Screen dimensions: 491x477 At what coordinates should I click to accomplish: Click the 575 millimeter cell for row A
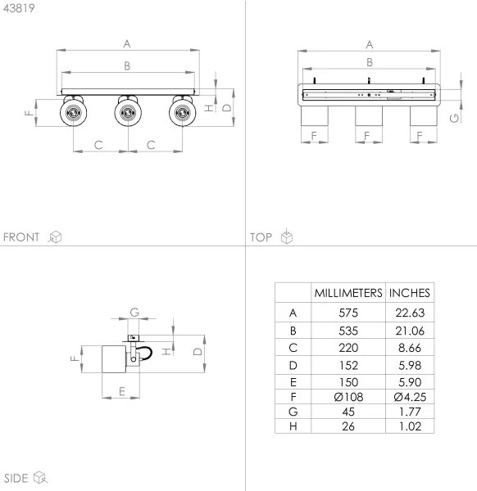(x=348, y=313)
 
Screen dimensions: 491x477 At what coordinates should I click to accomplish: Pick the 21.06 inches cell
(x=409, y=331)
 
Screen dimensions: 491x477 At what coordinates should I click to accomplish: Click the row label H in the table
(x=293, y=426)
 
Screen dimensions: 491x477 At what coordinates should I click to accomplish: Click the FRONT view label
(x=21, y=237)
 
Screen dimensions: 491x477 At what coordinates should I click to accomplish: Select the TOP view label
(x=261, y=237)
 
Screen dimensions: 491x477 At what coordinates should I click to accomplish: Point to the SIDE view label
(x=16, y=478)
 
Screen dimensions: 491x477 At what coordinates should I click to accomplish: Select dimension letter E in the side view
(x=121, y=390)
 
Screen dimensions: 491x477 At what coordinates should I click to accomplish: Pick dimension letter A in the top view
(x=370, y=44)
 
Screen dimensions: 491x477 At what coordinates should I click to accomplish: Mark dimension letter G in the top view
(x=454, y=119)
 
